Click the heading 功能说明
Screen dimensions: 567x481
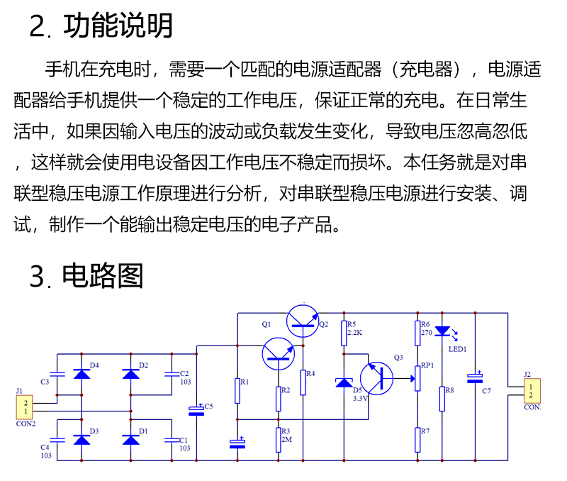tap(118, 26)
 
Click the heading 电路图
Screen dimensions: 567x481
tap(103, 276)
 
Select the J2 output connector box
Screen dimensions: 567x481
tap(532, 391)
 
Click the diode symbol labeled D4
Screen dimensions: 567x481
tap(82, 374)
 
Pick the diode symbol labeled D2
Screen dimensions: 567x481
tap(131, 374)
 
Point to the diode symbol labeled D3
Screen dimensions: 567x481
tap(82, 440)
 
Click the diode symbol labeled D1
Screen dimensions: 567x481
tap(131, 440)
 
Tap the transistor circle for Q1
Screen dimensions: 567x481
tap(279, 354)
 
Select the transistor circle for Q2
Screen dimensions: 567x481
tap(303, 321)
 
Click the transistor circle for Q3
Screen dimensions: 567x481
tap(377, 379)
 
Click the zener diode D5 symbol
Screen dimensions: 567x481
tap(344, 382)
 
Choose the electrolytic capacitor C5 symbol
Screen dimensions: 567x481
tap(196, 411)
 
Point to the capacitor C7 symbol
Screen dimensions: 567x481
tap(475, 378)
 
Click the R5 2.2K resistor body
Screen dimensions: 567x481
tap(344, 333)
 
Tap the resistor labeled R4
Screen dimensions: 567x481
tap(303, 382)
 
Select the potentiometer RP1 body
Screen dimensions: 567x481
tap(417, 379)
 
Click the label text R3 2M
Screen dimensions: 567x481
tap(286, 435)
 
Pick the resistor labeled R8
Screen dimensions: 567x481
tap(442, 399)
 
